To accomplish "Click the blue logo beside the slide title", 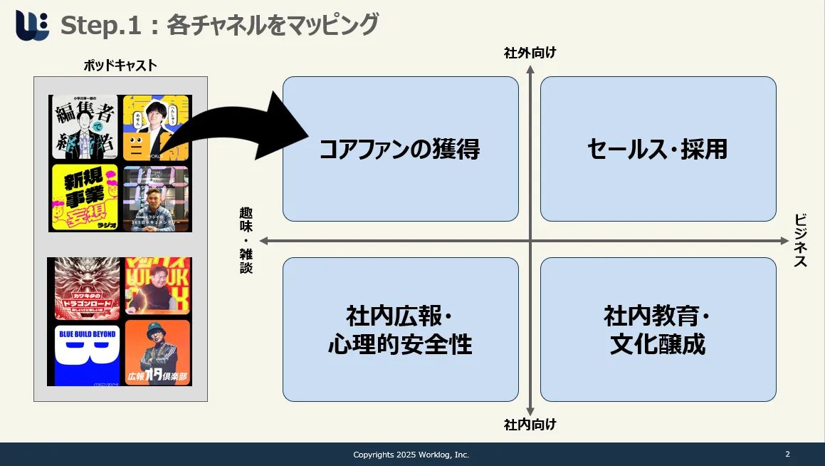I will click(x=32, y=26).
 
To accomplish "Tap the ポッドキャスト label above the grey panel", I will click(x=120, y=66).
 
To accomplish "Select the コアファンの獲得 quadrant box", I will click(x=400, y=149).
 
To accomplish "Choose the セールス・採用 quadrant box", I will click(x=658, y=149).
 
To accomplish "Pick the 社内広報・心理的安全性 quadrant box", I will click(x=400, y=329).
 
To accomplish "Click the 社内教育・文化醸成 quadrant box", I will click(x=658, y=329).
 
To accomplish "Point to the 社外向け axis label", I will click(x=530, y=52).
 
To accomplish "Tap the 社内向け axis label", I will click(x=530, y=425).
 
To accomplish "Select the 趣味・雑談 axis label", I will click(x=246, y=240).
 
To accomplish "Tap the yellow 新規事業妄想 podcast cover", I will click(x=85, y=197).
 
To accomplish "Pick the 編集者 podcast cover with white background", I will click(x=85, y=128).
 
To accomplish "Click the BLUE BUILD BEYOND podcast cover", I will click(x=87, y=353).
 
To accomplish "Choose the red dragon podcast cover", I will click(x=87, y=289).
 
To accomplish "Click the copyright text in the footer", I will click(x=411, y=455).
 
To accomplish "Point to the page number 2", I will click(x=787, y=454).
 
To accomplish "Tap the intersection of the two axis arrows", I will click(x=530, y=240).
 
